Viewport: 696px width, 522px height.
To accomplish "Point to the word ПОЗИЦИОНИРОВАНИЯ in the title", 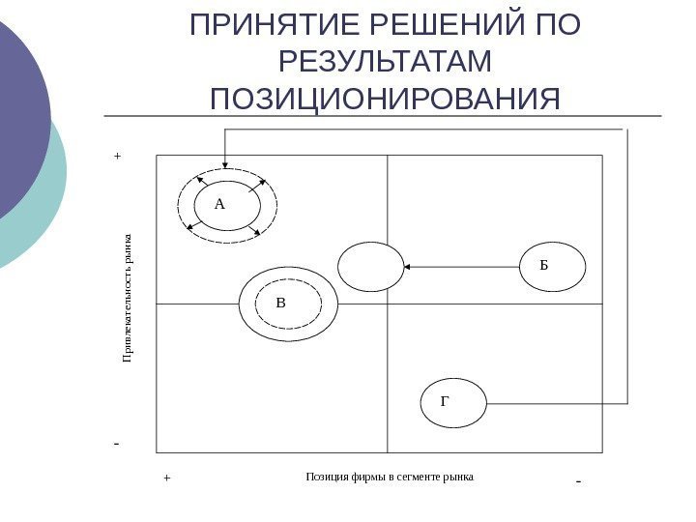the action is (385, 99).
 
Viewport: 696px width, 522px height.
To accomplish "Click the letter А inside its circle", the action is (219, 204).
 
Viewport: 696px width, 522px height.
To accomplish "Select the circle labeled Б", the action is (554, 265).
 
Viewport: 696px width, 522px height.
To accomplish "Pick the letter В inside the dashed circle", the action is (281, 303).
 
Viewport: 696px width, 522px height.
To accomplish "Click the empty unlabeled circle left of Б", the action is (370, 267).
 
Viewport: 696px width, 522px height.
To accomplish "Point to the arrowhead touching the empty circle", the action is (408, 266).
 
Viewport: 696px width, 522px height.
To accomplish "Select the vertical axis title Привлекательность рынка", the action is (127, 298).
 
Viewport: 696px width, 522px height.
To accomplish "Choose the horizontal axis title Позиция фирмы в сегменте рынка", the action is (390, 477).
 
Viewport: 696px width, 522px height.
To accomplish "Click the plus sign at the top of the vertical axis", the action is (118, 155).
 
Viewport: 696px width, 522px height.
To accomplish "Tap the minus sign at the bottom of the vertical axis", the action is (116, 445).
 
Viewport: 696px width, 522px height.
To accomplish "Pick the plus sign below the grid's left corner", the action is (165, 478).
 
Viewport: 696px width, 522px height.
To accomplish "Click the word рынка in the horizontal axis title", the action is (458, 477).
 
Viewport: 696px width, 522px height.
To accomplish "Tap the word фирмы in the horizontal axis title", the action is (355, 477).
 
